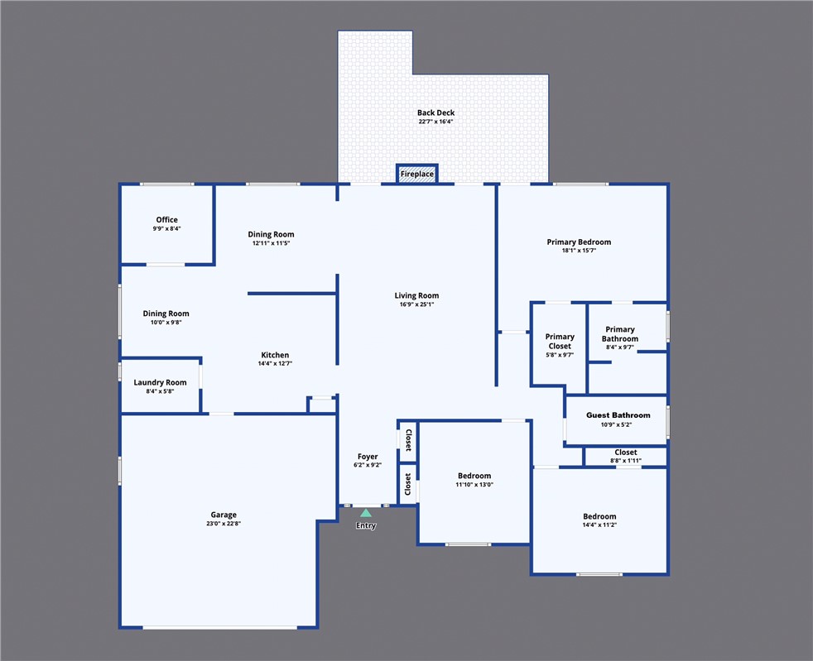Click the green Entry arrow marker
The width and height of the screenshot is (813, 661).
[365, 513]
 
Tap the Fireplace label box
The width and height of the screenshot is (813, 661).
[416, 175]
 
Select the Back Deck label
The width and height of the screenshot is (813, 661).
[435, 113]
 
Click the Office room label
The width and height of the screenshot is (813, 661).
[166, 220]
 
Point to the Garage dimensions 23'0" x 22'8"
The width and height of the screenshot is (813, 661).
[223, 524]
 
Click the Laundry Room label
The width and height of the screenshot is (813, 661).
[160, 383]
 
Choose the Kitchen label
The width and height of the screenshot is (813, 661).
[274, 355]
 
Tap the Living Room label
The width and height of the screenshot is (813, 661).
[416, 295]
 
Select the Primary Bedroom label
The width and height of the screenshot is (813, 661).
[579, 242]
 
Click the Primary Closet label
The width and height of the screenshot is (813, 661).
[560, 341]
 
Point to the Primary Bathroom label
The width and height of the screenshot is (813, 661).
[620, 334]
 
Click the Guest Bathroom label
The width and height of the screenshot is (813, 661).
[618, 415]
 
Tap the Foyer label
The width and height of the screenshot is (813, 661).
[368, 457]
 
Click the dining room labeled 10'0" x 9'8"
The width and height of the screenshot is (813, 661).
[166, 314]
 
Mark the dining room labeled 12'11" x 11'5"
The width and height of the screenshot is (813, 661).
[271, 235]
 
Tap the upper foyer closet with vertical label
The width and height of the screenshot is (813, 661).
[407, 441]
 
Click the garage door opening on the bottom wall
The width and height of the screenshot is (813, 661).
[219, 628]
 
